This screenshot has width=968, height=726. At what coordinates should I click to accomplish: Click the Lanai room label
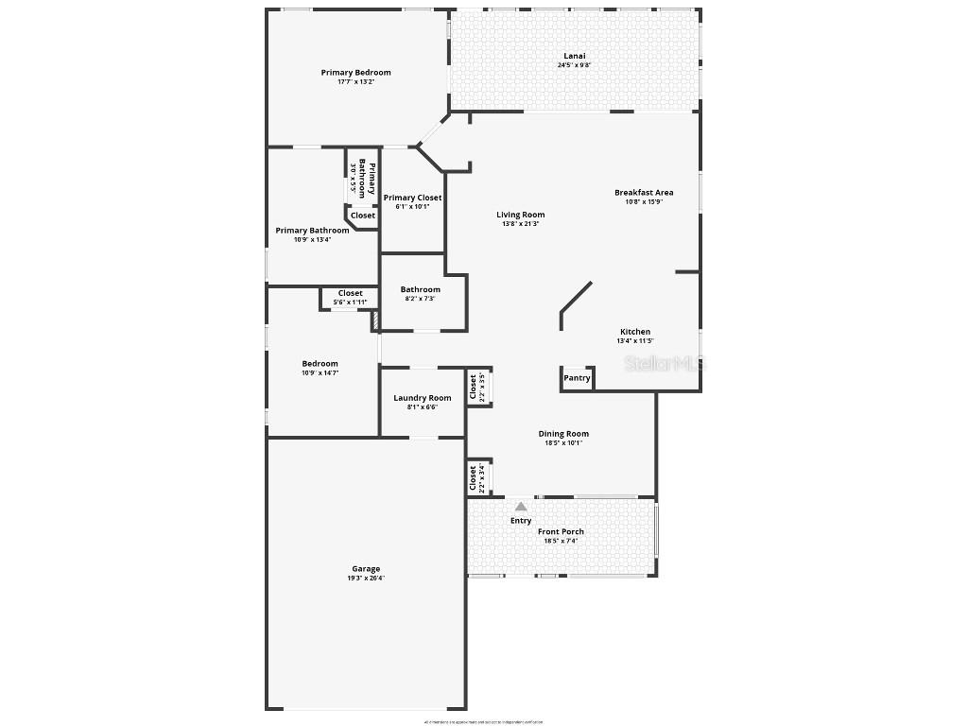pos(568,57)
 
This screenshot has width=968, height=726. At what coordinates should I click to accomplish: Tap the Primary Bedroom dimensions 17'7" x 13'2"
pos(355,82)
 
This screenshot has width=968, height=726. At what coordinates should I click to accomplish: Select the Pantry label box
pos(577,378)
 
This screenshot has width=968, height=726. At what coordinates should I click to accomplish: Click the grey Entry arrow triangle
pos(521,507)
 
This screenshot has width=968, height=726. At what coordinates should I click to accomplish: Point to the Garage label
pos(366,569)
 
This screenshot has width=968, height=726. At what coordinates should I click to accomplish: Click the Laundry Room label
pos(423,398)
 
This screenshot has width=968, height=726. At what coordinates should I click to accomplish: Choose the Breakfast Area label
pos(644,193)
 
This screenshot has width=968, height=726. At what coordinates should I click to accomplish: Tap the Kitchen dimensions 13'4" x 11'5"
pos(635,341)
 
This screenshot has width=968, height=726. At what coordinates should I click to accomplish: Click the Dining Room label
pos(563,434)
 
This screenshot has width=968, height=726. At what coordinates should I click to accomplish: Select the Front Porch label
pos(561,531)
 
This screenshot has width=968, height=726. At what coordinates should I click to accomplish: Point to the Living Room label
pos(521,215)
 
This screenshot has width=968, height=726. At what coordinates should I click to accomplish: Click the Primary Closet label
pos(412,198)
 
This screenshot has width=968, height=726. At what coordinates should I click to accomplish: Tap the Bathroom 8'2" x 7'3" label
pos(420,289)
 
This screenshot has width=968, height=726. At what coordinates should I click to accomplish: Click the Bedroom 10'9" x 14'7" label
pos(320,364)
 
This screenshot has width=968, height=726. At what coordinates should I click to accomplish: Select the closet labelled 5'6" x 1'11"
pos(351,298)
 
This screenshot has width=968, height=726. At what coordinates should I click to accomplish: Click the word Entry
pos(521,521)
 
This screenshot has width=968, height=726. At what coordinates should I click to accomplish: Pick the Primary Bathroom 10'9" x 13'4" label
pos(312,231)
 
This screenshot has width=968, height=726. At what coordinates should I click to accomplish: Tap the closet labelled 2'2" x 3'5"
pos(476,388)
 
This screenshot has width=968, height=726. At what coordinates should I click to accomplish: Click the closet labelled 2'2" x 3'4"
pos(476,478)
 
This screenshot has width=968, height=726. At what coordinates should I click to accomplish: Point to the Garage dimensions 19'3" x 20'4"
pos(366,578)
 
